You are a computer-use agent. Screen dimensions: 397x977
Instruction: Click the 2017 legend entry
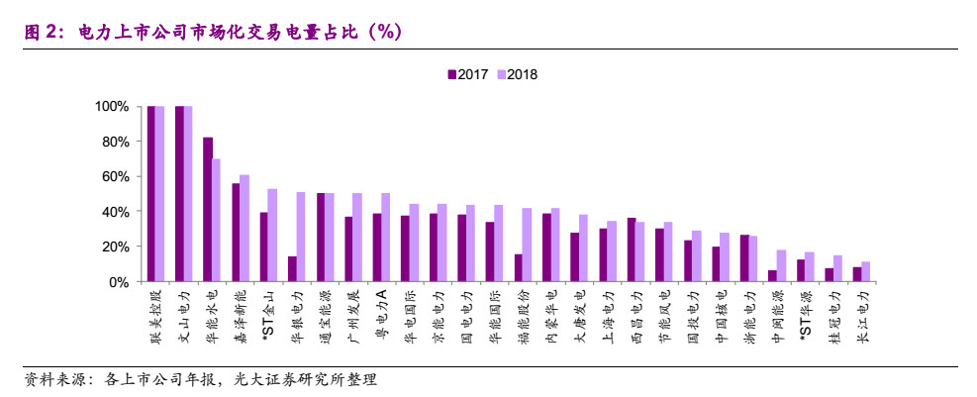tap(470, 74)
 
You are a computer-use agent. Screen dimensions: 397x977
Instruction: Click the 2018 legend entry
tap(519, 74)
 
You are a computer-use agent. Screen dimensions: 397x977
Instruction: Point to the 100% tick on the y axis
tap(112, 106)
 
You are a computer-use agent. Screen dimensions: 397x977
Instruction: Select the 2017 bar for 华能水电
tap(208, 209)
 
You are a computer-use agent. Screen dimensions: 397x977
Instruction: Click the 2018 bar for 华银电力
tap(301, 237)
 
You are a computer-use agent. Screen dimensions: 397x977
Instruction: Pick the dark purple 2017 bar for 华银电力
tap(292, 268)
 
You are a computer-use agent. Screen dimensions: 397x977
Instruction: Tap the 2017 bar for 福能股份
tap(518, 267)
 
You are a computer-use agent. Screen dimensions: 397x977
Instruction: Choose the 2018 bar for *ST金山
tap(272, 235)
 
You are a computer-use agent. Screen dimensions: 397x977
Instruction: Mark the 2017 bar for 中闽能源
tap(772, 275)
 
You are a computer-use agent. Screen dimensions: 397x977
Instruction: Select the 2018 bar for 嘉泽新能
tap(244, 228)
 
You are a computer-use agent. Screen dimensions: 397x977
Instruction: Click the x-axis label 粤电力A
tap(381, 315)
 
